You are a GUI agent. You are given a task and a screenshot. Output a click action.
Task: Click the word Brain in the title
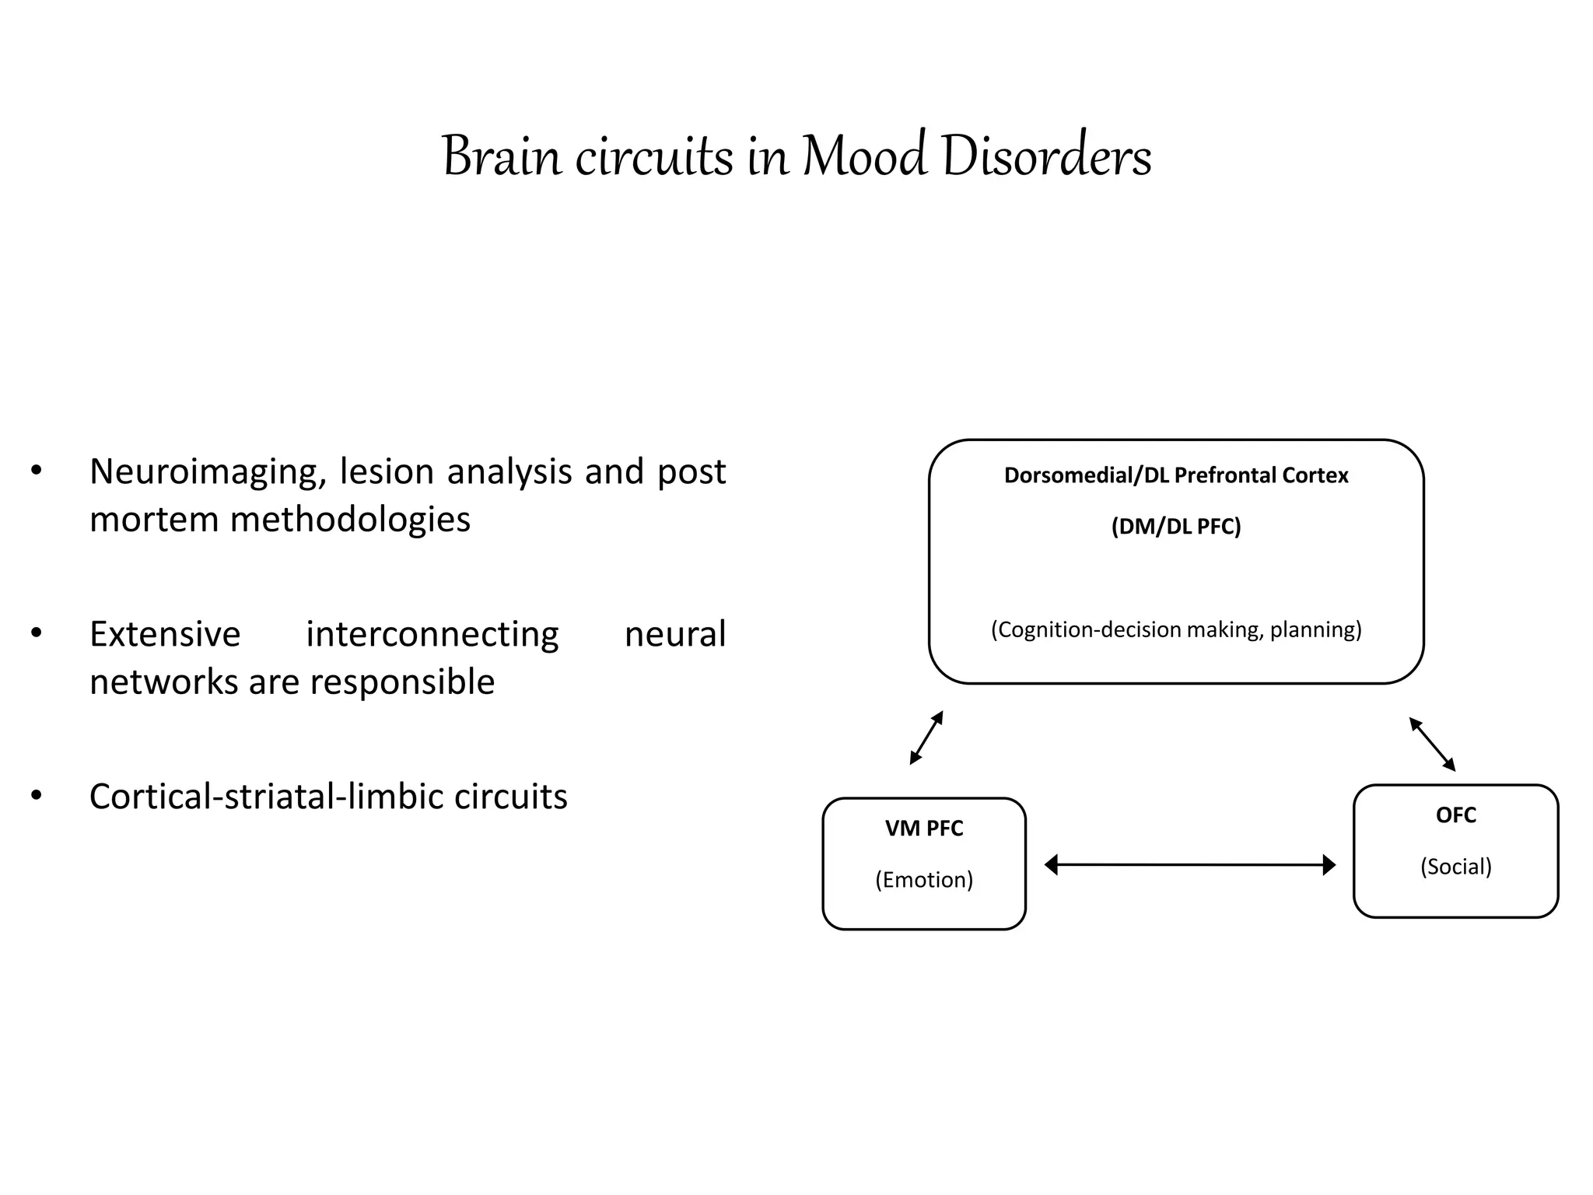[x=502, y=157]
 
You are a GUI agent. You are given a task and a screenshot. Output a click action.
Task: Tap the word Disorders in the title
[x=1045, y=157]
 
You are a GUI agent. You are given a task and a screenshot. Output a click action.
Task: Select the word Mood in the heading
[x=864, y=157]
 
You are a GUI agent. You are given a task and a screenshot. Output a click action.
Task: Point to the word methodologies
[x=349, y=520]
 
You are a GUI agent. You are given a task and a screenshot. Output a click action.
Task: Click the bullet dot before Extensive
[x=36, y=633]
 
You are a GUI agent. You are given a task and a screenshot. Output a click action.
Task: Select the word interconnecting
[x=432, y=634]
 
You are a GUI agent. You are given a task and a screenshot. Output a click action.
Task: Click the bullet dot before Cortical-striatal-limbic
[x=36, y=796]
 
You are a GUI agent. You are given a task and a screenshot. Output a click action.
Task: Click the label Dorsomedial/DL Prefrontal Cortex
[x=1175, y=475]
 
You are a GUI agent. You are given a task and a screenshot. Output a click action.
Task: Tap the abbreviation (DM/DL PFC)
[x=1175, y=527]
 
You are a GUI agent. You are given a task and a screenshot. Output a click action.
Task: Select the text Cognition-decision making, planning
[x=1175, y=629]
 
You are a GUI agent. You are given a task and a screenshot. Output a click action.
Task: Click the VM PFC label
[x=923, y=829]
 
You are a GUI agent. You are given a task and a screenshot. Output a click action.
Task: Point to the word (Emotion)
[x=923, y=880]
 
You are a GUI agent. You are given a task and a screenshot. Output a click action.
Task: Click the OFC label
[x=1455, y=815]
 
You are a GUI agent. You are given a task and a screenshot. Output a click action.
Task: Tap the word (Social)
[x=1455, y=867]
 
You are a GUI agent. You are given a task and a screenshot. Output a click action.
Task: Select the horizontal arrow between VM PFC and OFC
[x=1189, y=864]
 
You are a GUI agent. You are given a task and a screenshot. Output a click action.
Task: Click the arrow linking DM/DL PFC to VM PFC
[x=926, y=738]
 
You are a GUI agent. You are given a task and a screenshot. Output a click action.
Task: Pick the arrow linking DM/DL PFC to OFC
[x=1432, y=745]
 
